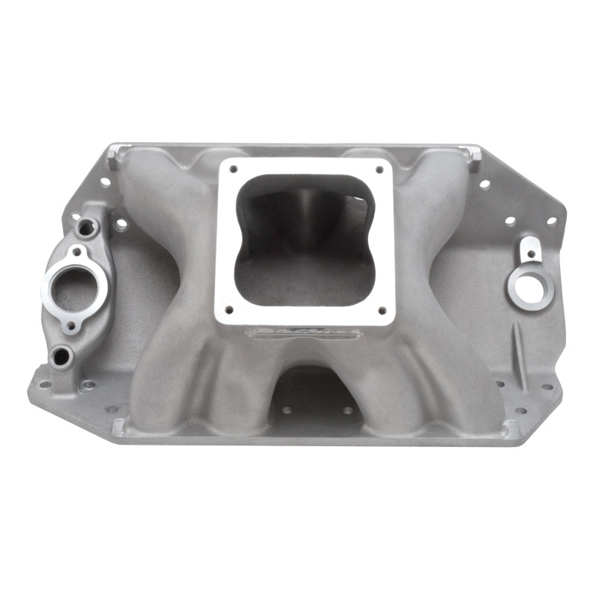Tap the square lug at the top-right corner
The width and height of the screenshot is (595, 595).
[x=474, y=158]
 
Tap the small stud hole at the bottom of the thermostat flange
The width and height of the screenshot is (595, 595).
[x=72, y=324]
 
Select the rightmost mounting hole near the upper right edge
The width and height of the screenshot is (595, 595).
[x=551, y=220]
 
